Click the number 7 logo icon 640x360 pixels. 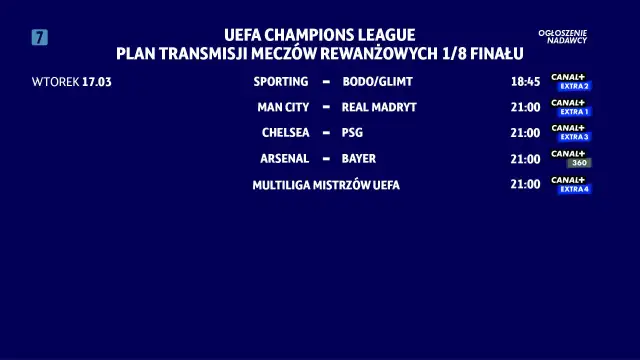coord(40,38)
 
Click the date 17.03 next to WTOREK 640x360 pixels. coord(97,81)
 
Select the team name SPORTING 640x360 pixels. coord(281,81)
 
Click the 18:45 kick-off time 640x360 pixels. coord(525,81)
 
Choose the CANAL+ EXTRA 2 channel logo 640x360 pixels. coord(571,81)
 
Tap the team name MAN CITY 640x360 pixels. coord(283,107)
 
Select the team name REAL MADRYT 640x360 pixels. coord(379,107)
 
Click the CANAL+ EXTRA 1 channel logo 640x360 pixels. coord(571,107)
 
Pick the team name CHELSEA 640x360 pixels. coord(285,132)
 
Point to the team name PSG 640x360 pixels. coord(353,132)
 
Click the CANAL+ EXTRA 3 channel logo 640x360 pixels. coord(571,132)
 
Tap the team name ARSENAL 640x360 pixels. coord(284,158)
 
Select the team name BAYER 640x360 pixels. coord(359,158)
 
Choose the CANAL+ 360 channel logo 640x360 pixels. coord(571,158)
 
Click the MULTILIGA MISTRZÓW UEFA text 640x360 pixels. coord(326,185)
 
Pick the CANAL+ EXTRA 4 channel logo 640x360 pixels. coord(571,184)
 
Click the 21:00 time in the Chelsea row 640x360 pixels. coord(525,132)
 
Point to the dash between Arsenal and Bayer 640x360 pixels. coord(326,158)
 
